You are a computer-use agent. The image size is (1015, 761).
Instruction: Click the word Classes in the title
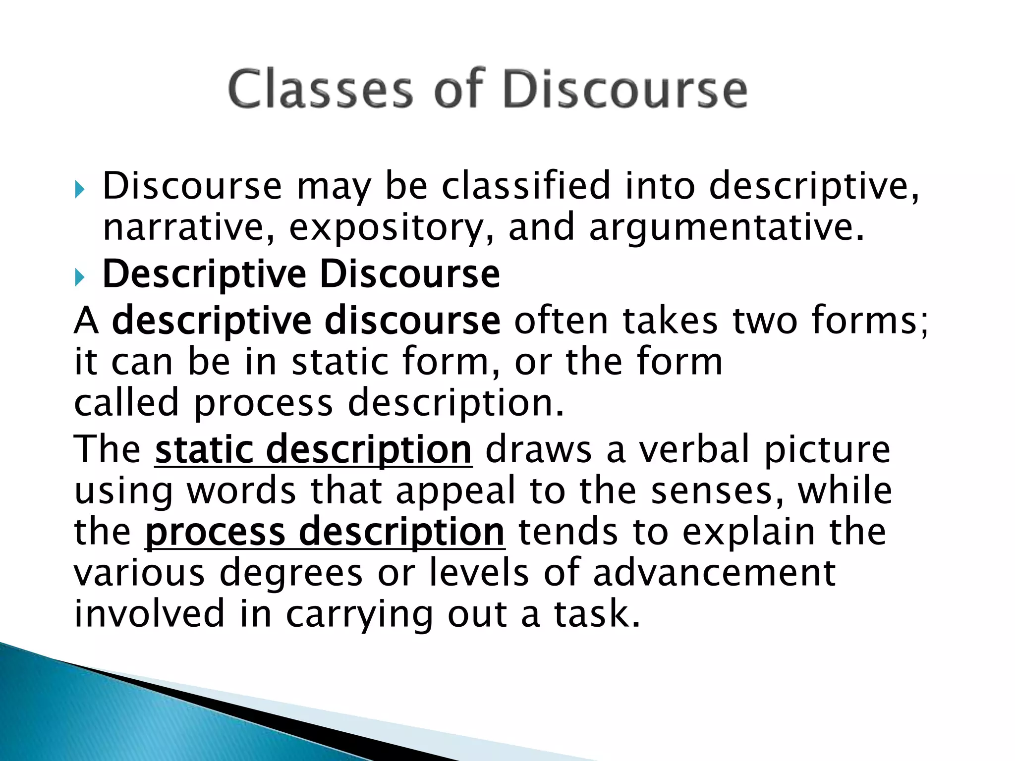click(x=320, y=89)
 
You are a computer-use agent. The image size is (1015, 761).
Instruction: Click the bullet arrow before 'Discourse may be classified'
click(x=80, y=189)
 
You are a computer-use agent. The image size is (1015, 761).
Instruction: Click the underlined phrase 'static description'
click(x=313, y=449)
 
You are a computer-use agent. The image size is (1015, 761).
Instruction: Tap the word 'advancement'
click(x=714, y=573)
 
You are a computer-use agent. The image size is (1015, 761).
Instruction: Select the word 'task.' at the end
click(x=597, y=613)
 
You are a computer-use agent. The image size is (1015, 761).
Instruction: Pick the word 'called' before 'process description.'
click(x=126, y=402)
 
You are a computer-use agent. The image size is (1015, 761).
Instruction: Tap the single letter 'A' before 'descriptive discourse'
click(x=86, y=321)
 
